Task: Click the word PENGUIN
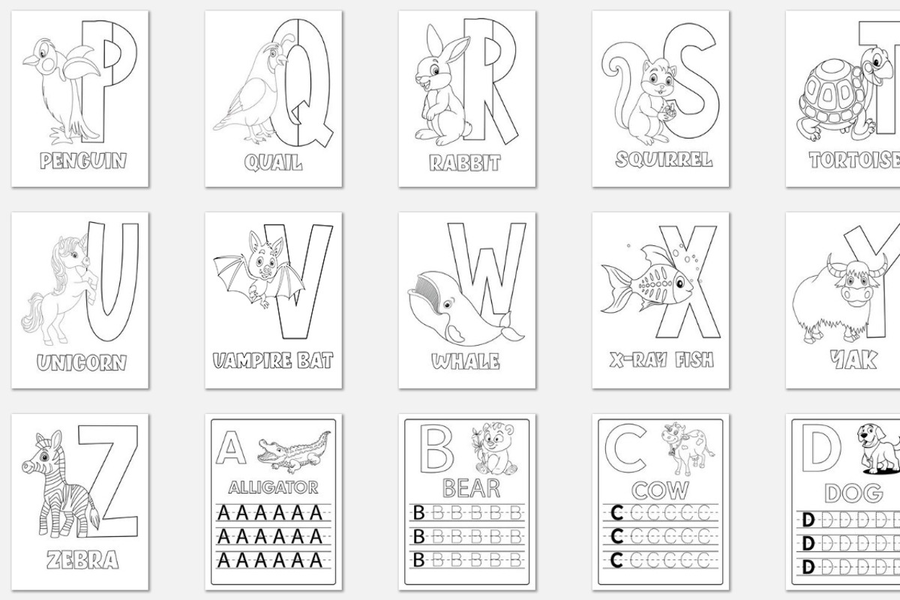pyautogui.click(x=83, y=160)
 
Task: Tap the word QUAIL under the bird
pyautogui.click(x=273, y=163)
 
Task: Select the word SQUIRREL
pyautogui.click(x=664, y=160)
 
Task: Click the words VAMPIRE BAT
pyautogui.click(x=273, y=361)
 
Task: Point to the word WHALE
pyautogui.click(x=466, y=361)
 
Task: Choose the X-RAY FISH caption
pyautogui.click(x=661, y=360)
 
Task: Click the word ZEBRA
pyautogui.click(x=82, y=559)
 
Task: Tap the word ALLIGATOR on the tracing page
pyautogui.click(x=273, y=487)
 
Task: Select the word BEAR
pyautogui.click(x=471, y=488)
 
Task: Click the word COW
pyautogui.click(x=660, y=490)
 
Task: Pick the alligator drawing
pyautogui.click(x=294, y=451)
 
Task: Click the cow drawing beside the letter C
pyautogui.click(x=688, y=448)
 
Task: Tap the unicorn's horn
pyautogui.click(x=83, y=240)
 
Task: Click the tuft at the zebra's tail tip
pyautogui.click(x=96, y=519)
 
